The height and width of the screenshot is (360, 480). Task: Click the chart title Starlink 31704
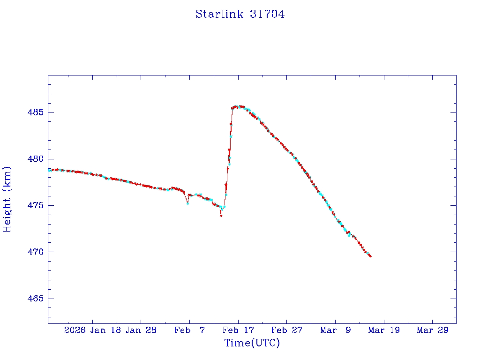(x=240, y=15)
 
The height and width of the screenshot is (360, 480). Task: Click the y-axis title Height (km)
(x=7, y=199)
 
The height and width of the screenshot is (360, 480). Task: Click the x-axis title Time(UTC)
(x=252, y=343)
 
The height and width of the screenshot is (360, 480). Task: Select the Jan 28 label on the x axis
(x=141, y=330)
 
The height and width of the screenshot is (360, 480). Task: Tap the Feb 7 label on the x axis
(x=189, y=330)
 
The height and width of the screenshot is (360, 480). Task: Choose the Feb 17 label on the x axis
(x=238, y=330)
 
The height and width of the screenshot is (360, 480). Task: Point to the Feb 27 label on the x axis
(x=287, y=330)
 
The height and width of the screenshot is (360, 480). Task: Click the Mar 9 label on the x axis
(x=335, y=330)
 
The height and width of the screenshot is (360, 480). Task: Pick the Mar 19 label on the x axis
(x=384, y=330)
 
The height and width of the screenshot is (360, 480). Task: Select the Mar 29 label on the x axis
(x=433, y=330)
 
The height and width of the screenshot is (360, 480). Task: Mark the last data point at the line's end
(x=370, y=256)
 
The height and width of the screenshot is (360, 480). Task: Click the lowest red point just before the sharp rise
(x=221, y=216)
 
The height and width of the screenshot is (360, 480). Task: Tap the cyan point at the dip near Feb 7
(x=187, y=203)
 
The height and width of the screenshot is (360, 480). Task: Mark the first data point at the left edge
(x=49, y=170)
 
